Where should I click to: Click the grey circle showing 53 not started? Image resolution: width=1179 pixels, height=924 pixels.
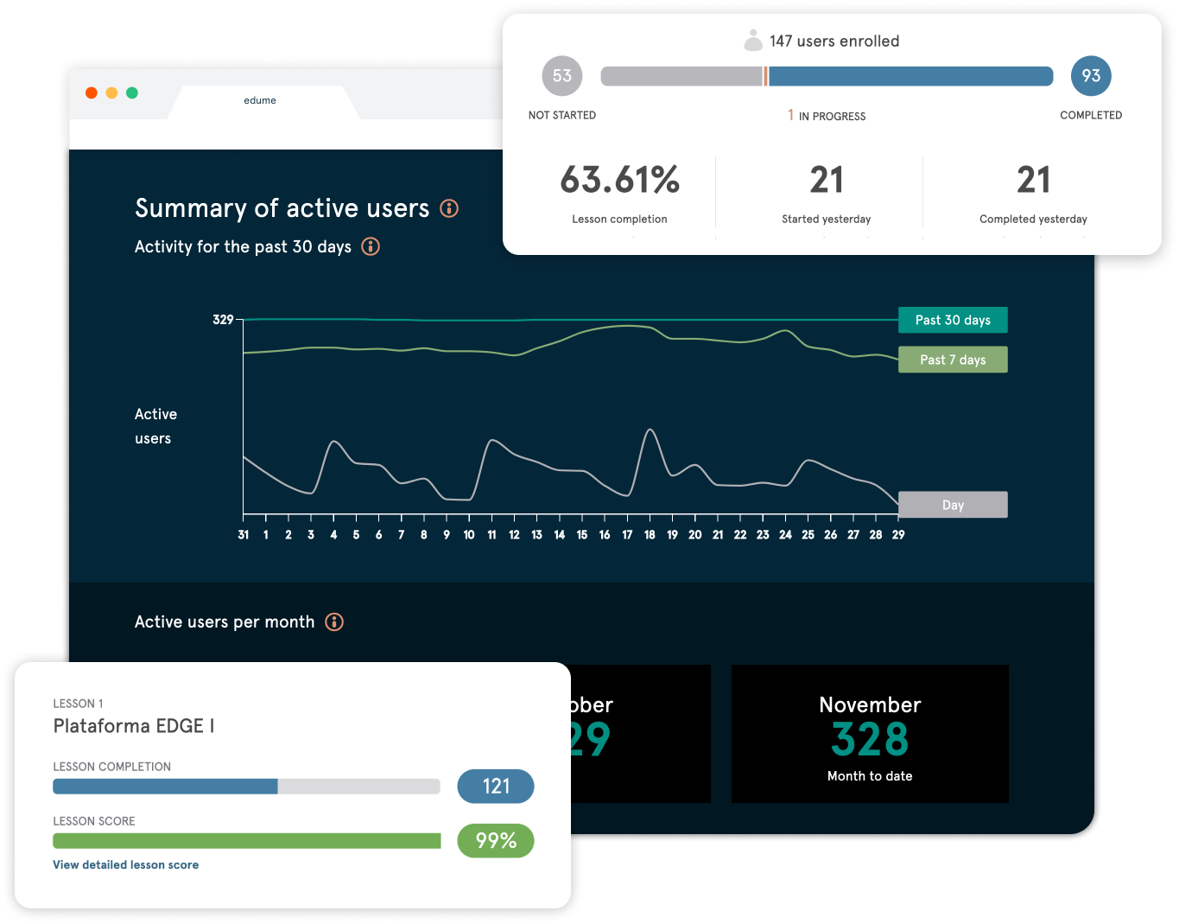[x=562, y=76]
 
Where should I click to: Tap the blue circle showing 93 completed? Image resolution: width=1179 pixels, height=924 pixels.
[x=1091, y=76]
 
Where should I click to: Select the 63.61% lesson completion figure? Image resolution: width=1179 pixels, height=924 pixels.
[x=619, y=181]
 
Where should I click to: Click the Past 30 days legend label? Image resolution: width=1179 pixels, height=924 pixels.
[x=953, y=320]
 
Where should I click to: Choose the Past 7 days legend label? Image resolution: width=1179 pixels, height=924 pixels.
[x=953, y=360]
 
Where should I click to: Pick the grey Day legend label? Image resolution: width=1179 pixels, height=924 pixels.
[x=953, y=505]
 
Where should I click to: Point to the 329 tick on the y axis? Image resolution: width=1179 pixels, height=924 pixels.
[x=223, y=320]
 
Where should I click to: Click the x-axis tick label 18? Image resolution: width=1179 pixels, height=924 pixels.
[x=650, y=535]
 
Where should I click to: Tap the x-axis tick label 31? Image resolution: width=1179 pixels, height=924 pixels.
[x=244, y=535]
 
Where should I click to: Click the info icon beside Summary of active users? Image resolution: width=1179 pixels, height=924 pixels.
[x=449, y=208]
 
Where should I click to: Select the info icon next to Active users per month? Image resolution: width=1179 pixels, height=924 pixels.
[x=334, y=622]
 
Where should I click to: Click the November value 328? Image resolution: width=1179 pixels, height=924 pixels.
[x=870, y=740]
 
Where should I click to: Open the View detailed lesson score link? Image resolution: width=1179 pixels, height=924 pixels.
[x=126, y=865]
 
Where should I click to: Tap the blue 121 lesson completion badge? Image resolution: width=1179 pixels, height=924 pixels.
[x=496, y=786]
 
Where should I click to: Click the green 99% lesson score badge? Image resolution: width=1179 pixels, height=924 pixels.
[x=496, y=840]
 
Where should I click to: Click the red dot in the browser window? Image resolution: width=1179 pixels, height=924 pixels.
[x=92, y=92]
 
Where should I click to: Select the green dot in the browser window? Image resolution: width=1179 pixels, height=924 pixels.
[x=132, y=92]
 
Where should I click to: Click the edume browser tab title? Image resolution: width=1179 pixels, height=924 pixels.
[x=260, y=100]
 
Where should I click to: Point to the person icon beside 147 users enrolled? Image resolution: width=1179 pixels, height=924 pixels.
[x=753, y=41]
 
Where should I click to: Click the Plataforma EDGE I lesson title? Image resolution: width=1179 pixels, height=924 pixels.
[x=134, y=726]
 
